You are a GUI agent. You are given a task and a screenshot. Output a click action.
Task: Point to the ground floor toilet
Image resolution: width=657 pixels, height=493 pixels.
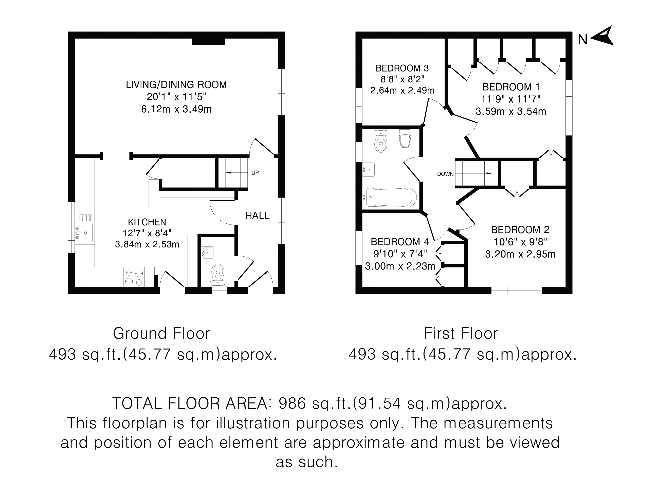(218, 275)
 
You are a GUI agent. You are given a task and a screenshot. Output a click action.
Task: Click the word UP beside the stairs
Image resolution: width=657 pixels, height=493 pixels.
(255, 173)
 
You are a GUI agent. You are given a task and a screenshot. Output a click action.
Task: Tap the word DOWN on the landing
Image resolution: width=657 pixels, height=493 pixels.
(445, 174)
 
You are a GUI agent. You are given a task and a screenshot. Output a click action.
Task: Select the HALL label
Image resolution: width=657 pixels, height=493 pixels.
(257, 216)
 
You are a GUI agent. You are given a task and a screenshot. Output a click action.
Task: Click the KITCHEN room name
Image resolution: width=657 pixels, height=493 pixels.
(147, 222)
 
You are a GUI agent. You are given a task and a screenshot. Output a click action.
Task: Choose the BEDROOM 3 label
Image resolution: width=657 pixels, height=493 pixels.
(402, 68)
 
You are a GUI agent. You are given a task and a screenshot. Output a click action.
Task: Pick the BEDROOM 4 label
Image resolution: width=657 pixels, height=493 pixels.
(400, 242)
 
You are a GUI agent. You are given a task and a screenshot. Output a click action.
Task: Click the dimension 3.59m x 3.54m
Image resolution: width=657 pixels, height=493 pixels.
(511, 111)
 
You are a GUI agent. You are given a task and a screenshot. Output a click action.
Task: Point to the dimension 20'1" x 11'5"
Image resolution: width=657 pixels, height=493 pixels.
(176, 97)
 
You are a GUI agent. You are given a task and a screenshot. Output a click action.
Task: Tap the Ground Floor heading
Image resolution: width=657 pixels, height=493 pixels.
(161, 333)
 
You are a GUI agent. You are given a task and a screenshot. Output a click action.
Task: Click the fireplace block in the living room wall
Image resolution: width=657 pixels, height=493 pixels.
(208, 42)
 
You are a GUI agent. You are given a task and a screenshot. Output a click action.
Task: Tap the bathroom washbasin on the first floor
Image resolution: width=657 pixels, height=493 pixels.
(368, 169)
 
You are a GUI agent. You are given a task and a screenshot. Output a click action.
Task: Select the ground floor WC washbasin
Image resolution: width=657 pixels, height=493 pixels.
(207, 253)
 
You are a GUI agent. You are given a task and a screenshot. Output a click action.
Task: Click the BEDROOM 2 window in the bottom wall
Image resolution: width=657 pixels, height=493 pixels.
(517, 290)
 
